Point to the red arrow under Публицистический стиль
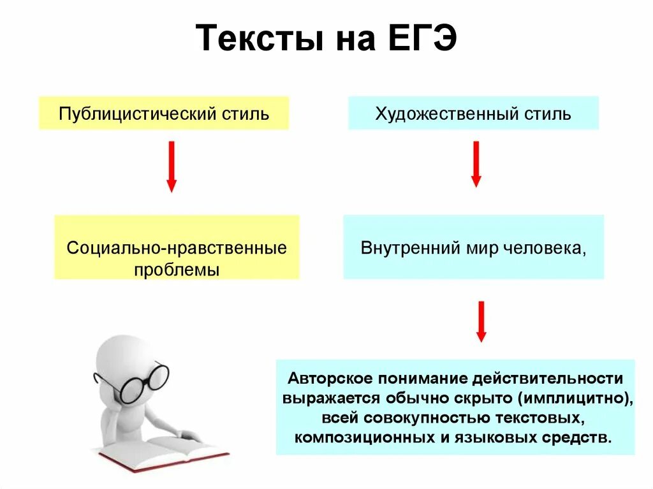click(171, 166)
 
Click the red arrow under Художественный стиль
click(476, 164)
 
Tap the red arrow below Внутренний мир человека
click(481, 321)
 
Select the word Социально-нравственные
click(177, 247)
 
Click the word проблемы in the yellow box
click(177, 269)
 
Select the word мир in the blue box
click(474, 247)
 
